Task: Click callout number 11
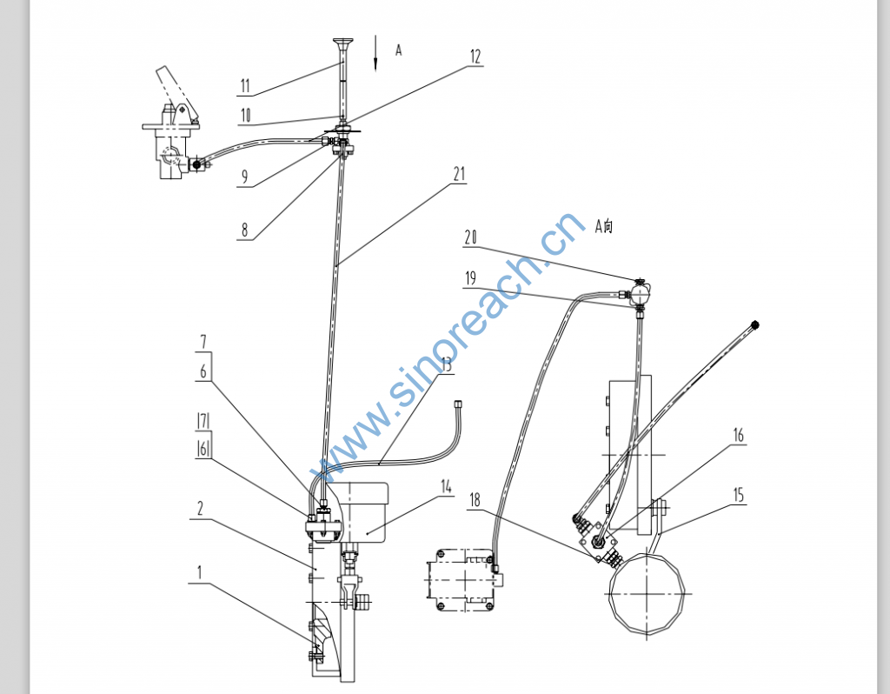[244, 86]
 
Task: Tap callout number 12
[475, 57]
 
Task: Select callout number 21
[459, 174]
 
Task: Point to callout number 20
[470, 237]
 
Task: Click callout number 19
[470, 278]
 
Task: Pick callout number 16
[738, 436]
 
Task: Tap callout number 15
[738, 495]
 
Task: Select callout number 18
[475, 500]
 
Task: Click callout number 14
[446, 487]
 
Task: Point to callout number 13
[446, 364]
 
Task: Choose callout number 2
[200, 508]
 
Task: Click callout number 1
[199, 572]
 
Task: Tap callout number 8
[244, 230]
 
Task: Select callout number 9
[244, 177]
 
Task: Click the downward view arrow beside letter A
[375, 53]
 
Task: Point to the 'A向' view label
[603, 226]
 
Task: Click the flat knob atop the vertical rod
[342, 42]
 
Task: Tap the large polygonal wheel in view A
[647, 593]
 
